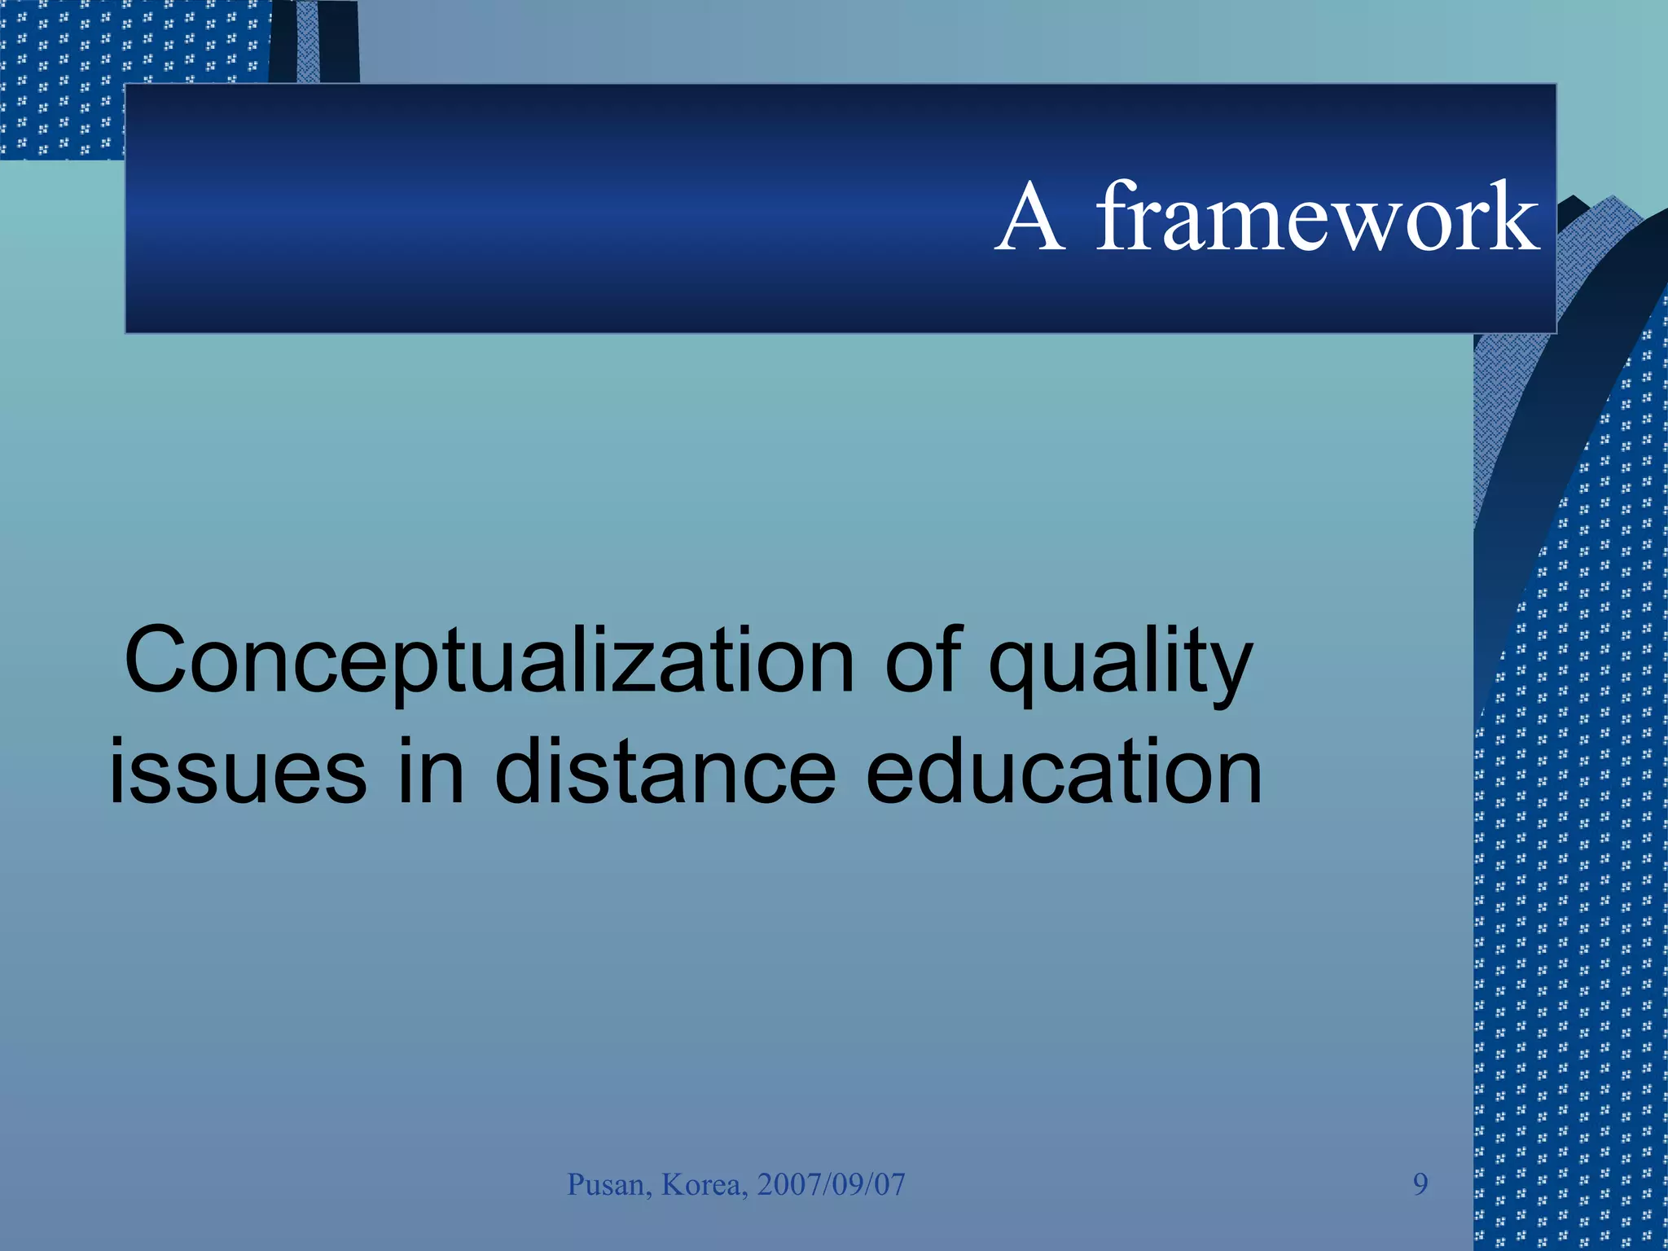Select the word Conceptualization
tap(489, 661)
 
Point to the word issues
tap(237, 771)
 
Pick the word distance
tap(665, 771)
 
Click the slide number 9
tap(1420, 1184)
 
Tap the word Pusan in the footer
tap(607, 1184)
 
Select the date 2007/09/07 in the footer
tap(831, 1184)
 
